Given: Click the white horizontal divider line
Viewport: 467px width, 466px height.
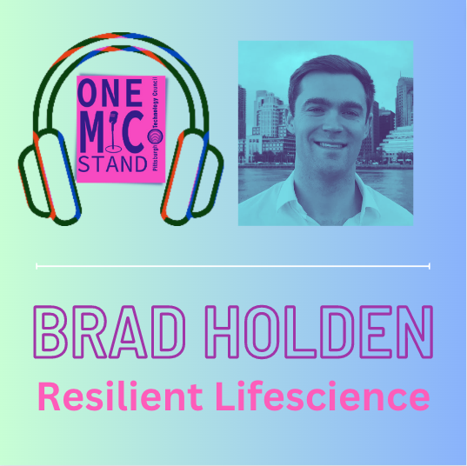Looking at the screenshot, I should point(233,264).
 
